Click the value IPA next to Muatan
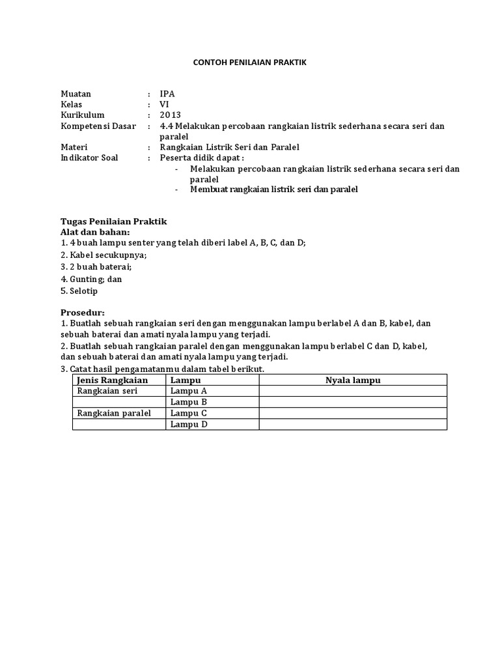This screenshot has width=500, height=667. (x=167, y=94)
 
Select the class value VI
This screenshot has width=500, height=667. (x=164, y=104)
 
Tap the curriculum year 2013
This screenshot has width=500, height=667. (x=170, y=115)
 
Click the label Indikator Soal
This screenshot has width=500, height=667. (x=89, y=158)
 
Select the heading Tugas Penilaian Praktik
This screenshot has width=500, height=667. (x=114, y=221)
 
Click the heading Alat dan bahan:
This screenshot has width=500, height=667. (x=95, y=232)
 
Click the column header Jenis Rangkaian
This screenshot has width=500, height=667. (x=113, y=380)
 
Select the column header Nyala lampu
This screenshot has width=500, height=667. (x=353, y=380)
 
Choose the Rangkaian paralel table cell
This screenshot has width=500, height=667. (x=114, y=413)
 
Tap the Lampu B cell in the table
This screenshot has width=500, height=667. (x=188, y=402)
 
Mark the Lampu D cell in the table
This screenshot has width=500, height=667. (x=189, y=425)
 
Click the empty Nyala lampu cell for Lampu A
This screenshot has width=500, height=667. (x=353, y=391)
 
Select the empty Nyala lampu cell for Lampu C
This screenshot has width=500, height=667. (x=353, y=413)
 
